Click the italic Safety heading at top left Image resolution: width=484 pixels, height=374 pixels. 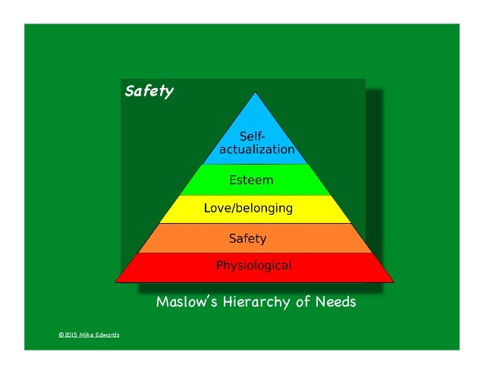(149, 92)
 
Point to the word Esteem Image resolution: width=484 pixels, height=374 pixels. (251, 181)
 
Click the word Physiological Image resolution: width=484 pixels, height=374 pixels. (253, 266)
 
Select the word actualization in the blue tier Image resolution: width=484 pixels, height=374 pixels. (256, 149)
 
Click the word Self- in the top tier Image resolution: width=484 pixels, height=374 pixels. (253, 137)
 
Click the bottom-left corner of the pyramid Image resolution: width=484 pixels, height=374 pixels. (115, 280)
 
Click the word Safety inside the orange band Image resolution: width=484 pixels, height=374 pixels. (247, 238)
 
